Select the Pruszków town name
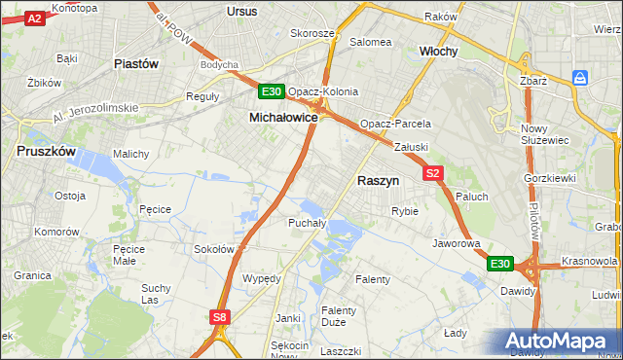47,152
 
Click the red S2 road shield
434,173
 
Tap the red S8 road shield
221,316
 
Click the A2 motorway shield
34,18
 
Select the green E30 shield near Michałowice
272,92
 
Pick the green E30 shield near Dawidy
499,264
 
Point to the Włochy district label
438,51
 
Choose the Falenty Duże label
338,316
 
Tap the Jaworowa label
458,243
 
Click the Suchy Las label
156,294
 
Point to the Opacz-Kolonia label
329,92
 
